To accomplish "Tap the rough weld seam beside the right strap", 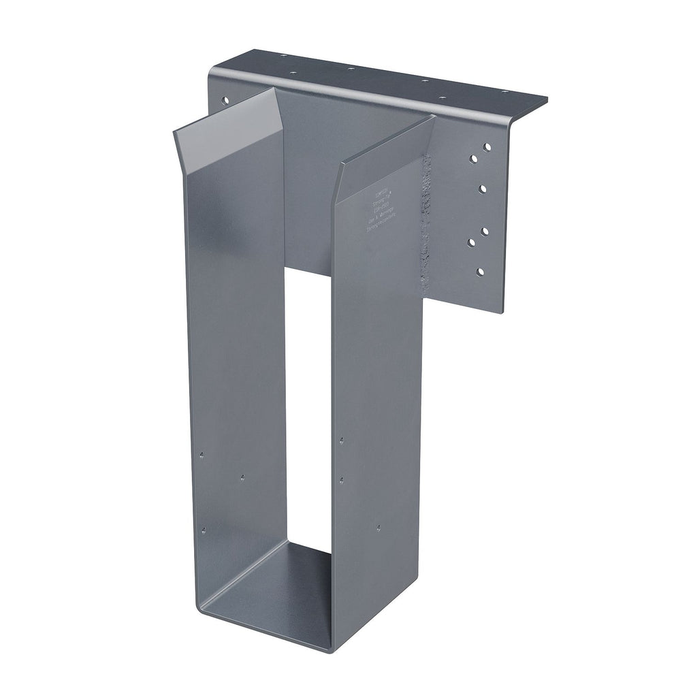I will click(x=427, y=225).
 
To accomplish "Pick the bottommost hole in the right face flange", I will click(x=481, y=272).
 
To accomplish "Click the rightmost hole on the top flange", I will click(x=504, y=92).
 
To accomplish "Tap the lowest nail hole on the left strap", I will click(x=202, y=530).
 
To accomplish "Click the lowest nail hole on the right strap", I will click(x=379, y=527).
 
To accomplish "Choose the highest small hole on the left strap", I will click(x=203, y=453).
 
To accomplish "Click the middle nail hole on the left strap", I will click(x=242, y=478).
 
